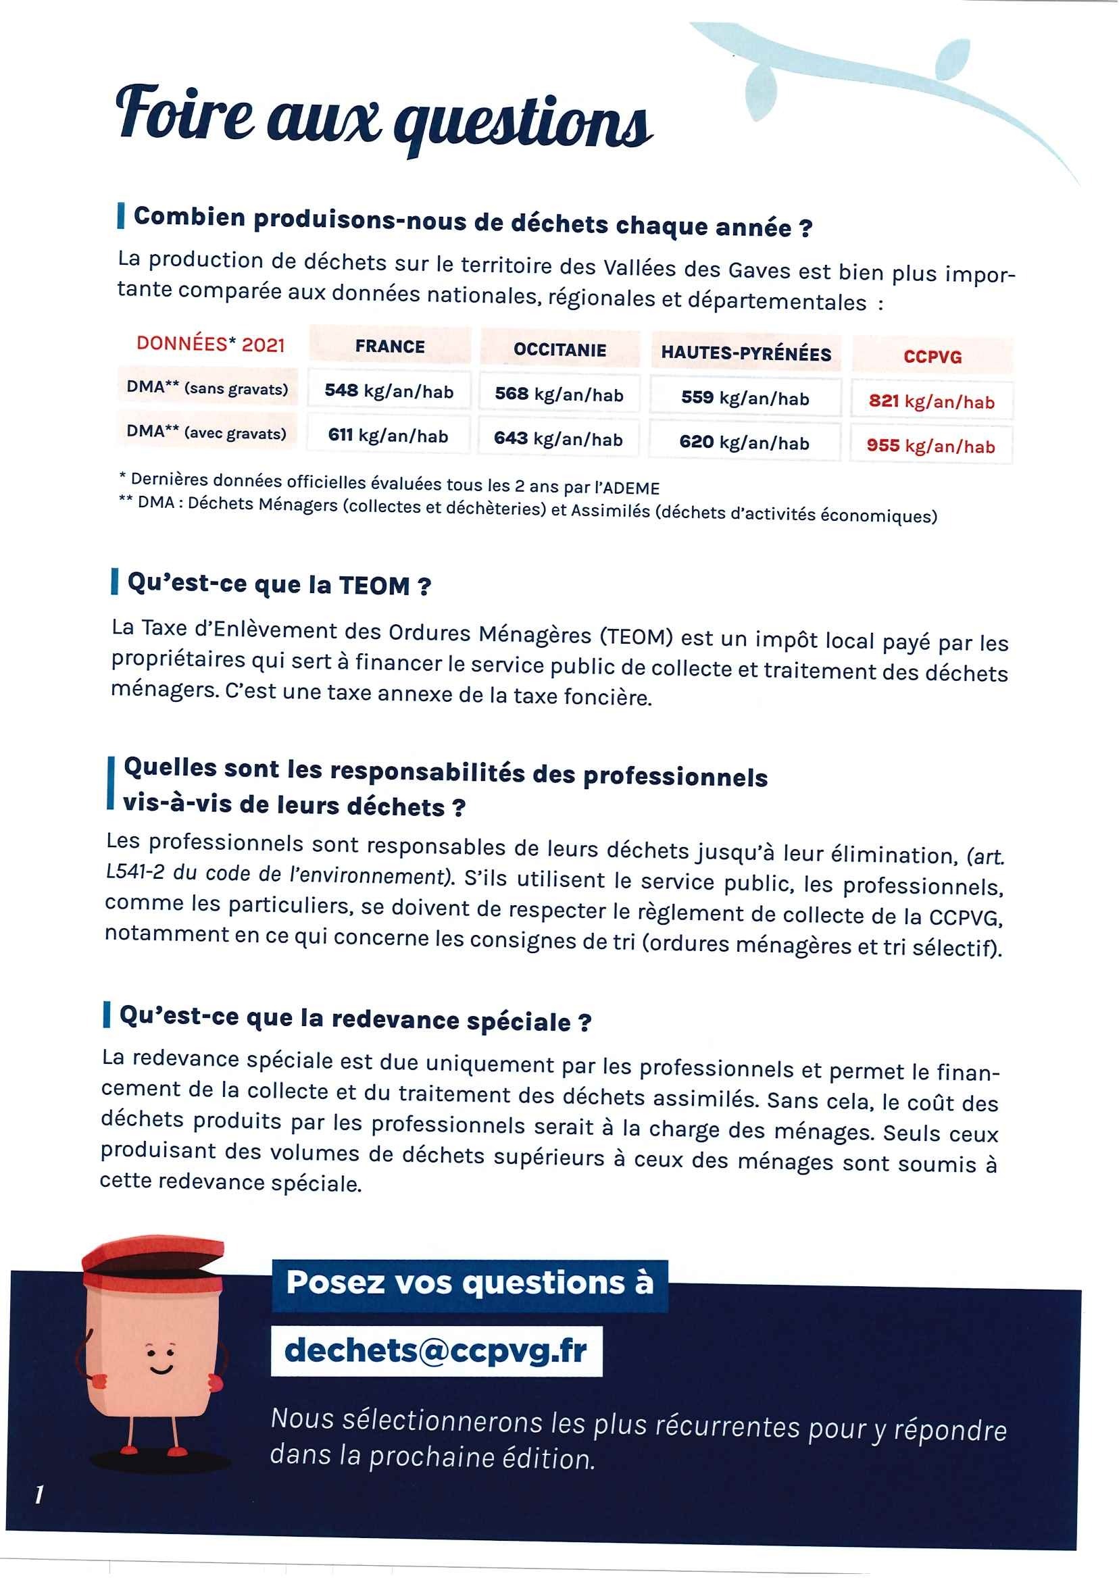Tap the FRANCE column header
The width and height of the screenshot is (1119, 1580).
pos(390,346)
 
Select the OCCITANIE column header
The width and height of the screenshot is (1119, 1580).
pos(559,349)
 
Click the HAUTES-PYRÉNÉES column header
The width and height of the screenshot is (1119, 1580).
pos(745,353)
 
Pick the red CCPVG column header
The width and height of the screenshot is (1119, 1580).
pos(932,357)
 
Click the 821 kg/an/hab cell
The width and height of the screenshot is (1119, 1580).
pos(932,401)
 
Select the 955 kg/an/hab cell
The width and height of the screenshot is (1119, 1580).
pos(931,446)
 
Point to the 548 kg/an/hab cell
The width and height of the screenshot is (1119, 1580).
pos(389,391)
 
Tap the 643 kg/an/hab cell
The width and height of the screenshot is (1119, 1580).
pos(558,438)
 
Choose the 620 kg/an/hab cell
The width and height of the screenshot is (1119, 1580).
pos(744,442)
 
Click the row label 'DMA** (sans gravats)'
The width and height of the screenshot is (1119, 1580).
pos(207,388)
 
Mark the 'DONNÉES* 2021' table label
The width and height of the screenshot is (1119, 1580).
pos(211,344)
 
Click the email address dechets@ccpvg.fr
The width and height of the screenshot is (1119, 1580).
pos(435,1350)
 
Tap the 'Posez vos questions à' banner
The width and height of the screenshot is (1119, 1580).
pos(469,1283)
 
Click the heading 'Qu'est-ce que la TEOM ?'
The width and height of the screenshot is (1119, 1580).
pos(279,585)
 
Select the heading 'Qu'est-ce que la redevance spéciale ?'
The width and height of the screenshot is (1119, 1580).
pos(355,1019)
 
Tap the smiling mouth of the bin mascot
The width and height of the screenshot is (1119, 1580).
pos(161,1369)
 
